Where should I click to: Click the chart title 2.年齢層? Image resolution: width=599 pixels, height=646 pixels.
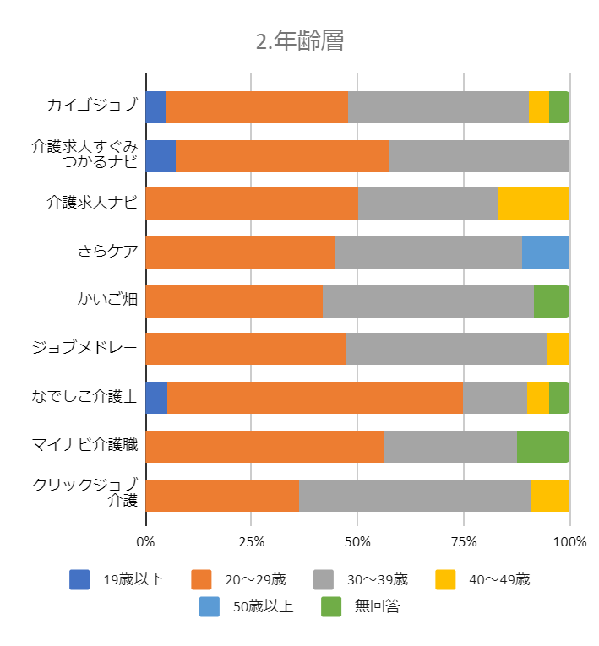tap(300, 41)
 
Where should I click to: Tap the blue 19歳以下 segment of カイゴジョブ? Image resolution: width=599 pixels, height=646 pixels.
tap(155, 107)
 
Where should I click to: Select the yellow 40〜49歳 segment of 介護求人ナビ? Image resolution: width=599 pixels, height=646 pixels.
tap(533, 204)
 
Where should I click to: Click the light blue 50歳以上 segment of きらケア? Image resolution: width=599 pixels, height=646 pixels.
tap(545, 252)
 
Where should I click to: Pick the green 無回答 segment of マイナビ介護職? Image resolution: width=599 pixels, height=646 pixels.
tap(542, 447)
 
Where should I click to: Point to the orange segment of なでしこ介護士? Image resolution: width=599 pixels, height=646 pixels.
tap(314, 398)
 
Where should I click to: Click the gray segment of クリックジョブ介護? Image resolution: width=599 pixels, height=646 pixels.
tap(414, 495)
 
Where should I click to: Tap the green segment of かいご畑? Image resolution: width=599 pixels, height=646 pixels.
tap(551, 301)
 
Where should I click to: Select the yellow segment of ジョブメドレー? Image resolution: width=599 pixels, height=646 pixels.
tap(558, 350)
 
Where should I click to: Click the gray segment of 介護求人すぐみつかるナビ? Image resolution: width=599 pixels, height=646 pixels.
tap(478, 155)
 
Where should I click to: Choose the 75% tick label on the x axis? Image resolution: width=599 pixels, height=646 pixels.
tap(464, 541)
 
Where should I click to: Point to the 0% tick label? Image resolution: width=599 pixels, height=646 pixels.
tap(146, 541)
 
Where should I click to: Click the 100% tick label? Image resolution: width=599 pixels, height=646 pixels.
tap(569, 541)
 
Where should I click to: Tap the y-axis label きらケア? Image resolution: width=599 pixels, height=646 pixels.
tap(106, 252)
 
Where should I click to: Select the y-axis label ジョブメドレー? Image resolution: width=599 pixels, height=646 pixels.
tap(84, 349)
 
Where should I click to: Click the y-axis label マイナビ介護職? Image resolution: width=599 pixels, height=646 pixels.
tap(84, 446)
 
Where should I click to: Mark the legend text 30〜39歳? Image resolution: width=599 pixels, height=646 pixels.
tap(377, 579)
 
